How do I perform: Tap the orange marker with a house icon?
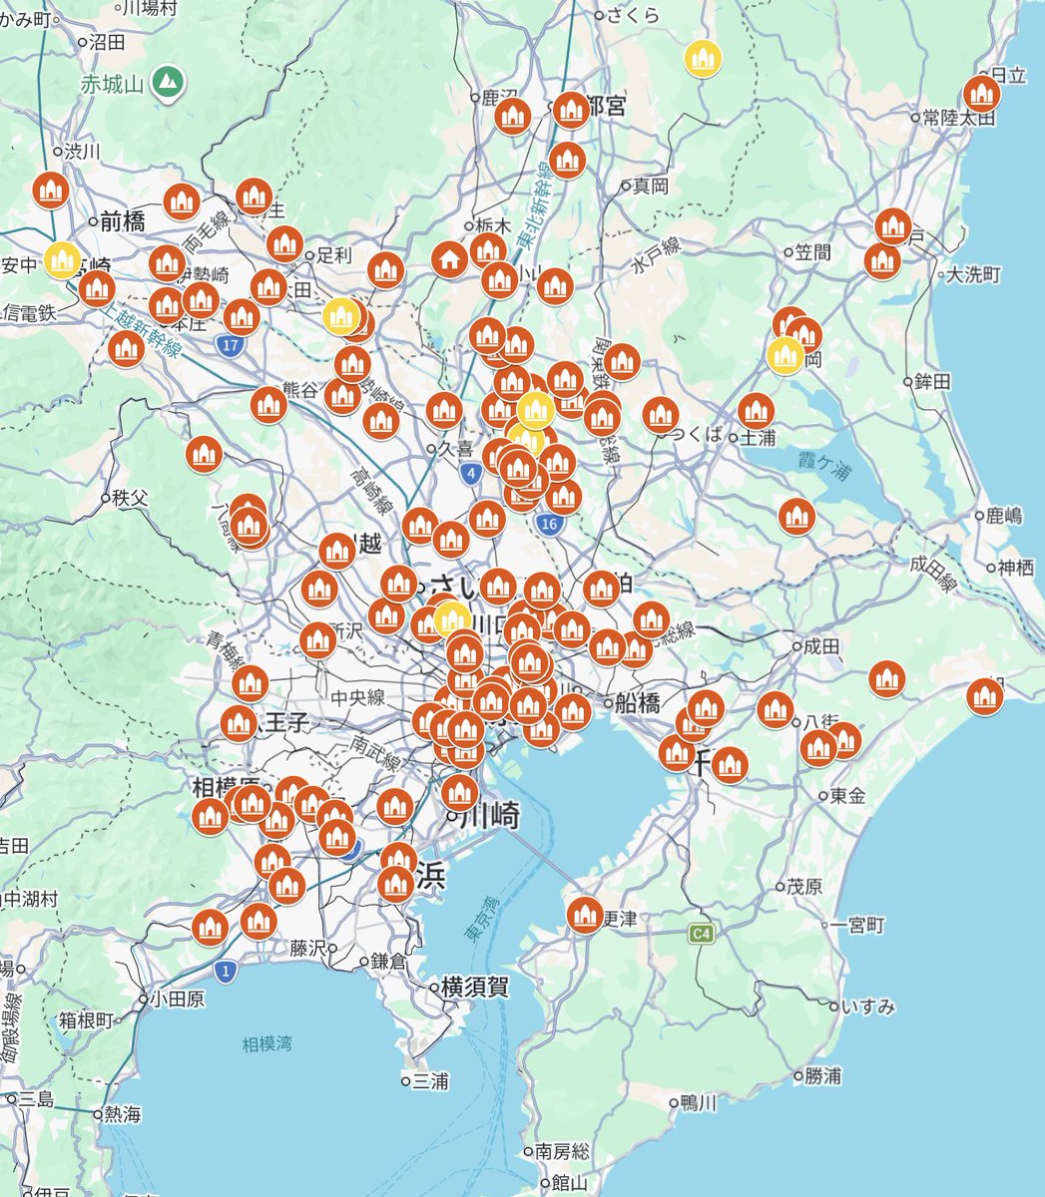(450, 260)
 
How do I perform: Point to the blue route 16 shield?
(548, 523)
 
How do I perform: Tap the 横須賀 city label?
(475, 988)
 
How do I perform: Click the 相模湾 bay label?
(267, 1044)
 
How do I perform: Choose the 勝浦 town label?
(823, 1076)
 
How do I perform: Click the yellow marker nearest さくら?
(704, 58)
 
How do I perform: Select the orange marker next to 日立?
(982, 94)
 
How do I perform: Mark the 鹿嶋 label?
(1003, 516)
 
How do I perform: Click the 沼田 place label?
(107, 42)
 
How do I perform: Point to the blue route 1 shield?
(228, 971)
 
